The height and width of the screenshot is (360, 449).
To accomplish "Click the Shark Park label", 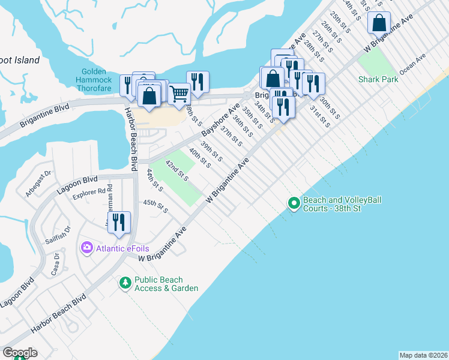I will [378, 79].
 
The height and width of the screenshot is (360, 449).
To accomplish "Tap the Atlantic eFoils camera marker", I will [87, 247].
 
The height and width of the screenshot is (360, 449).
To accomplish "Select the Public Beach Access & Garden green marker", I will [125, 281].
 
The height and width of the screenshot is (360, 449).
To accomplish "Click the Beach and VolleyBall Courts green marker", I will [294, 204].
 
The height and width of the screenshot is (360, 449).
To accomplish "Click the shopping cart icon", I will [178, 94].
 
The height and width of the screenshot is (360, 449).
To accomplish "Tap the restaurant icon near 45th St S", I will [119, 222].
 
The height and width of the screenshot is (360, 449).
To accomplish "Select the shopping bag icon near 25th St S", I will [379, 23].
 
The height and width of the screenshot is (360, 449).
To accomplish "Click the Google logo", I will [20, 353].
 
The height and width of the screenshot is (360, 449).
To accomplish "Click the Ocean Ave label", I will [412, 64].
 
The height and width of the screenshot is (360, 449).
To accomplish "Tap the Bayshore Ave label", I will [216, 123].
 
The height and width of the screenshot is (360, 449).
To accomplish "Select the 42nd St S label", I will [177, 171].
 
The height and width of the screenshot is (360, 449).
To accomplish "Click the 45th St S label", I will [155, 206].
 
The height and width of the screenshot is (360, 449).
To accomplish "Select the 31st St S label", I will [320, 116].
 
